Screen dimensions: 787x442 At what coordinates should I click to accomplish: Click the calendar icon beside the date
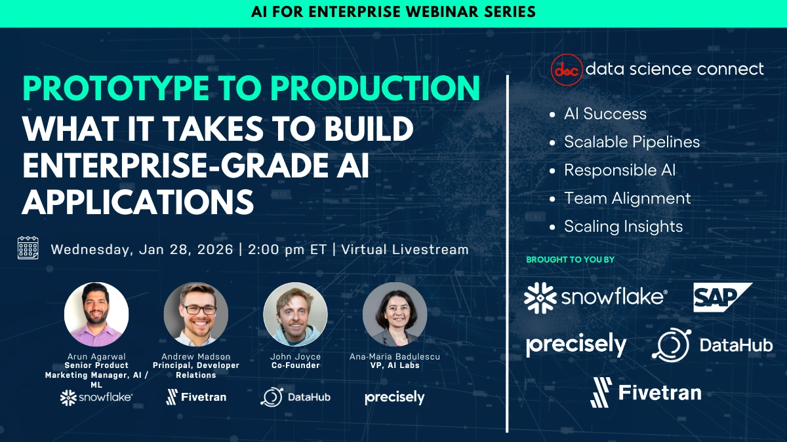tap(28, 248)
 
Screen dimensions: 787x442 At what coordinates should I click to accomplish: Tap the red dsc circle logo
tap(567, 69)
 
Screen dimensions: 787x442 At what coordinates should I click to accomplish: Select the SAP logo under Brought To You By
tap(722, 297)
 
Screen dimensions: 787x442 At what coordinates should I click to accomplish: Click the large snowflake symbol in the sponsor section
tap(540, 298)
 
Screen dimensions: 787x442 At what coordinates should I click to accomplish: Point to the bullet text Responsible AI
tap(620, 170)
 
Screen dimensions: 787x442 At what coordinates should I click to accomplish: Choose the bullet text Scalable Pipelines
tap(632, 142)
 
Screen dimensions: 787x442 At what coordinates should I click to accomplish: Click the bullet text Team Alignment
tap(628, 198)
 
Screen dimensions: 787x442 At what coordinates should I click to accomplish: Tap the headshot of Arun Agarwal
tap(96, 314)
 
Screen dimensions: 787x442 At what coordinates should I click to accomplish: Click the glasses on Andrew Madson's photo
tap(199, 310)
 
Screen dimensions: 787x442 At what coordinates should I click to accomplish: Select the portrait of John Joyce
tap(295, 314)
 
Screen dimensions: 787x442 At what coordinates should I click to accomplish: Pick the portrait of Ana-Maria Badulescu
tap(395, 314)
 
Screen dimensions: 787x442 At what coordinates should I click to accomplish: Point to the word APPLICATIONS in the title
tap(138, 202)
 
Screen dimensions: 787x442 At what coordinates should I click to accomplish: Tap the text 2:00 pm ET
tap(287, 249)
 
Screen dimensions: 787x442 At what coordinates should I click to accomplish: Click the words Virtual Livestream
tap(405, 249)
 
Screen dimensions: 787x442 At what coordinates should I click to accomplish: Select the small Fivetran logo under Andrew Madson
tap(196, 397)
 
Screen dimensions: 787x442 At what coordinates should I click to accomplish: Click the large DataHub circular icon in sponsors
tap(672, 345)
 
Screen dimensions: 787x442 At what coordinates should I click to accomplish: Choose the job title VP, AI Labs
tap(395, 365)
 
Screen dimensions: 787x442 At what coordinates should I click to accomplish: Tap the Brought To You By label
tap(570, 259)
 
